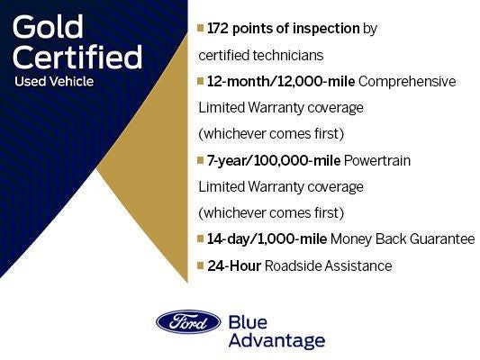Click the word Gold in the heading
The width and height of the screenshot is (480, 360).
click(x=48, y=29)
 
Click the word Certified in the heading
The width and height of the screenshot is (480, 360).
click(x=78, y=58)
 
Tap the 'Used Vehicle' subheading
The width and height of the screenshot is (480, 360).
click(x=53, y=82)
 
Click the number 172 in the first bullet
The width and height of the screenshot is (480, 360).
click(x=220, y=29)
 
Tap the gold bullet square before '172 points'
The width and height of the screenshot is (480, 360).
click(x=201, y=29)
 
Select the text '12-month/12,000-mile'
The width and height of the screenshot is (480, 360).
click(x=280, y=82)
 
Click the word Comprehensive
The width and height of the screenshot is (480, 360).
click(x=407, y=82)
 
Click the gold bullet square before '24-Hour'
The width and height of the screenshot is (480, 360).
click(x=201, y=266)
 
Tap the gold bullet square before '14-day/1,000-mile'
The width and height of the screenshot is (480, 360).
click(x=201, y=239)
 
